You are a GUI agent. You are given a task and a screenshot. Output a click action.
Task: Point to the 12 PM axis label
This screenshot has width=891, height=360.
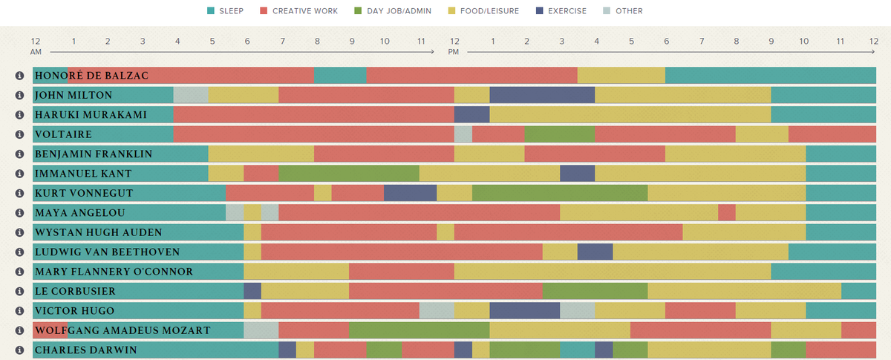pos(454,46)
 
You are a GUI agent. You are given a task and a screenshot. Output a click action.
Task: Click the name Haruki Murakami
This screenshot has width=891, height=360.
pos(91,115)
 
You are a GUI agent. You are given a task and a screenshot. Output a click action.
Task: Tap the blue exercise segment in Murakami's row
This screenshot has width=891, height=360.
pos(471,115)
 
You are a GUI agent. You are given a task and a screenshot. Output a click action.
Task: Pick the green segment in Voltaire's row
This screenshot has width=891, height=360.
pos(560,134)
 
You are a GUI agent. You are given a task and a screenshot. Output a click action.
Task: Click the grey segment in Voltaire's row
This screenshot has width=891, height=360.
pos(463,134)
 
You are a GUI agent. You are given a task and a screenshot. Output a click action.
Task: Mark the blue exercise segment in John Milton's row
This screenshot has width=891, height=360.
pos(542,95)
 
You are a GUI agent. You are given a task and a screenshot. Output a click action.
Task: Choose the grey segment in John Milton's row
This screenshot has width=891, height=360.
pos(191,95)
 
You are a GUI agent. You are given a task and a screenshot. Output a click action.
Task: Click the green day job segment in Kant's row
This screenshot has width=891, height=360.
pos(349,174)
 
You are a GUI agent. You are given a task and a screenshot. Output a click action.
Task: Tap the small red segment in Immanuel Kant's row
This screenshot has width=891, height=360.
pos(261,174)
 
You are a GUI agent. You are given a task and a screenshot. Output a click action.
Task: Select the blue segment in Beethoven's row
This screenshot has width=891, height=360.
pos(595,252)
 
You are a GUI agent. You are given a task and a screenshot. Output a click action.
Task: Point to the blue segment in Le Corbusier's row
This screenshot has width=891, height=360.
pos(252,291)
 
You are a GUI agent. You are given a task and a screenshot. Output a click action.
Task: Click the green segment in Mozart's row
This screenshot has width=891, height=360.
pos(419,330)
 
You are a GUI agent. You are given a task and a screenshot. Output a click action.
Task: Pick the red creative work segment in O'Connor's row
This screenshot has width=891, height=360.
pos(401,272)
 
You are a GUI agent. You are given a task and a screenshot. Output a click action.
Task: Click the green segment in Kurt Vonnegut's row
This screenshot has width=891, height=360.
pos(560,193)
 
